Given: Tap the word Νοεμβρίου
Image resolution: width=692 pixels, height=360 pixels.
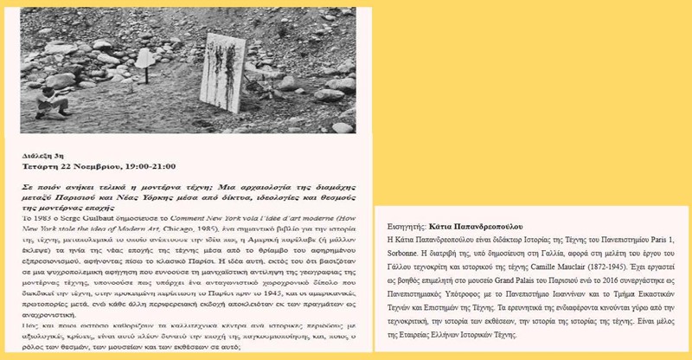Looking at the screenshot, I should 95,166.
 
